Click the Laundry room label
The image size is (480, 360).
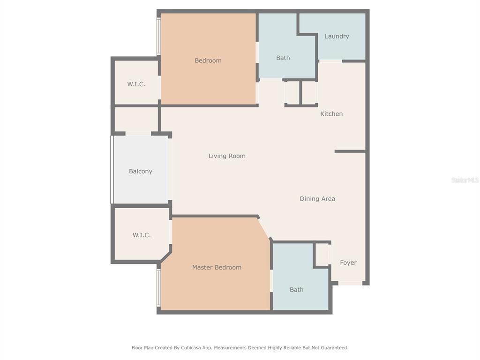(337, 36)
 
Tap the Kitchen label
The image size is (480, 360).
(331, 113)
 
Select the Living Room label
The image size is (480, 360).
(227, 156)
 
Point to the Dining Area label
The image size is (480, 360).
(317, 199)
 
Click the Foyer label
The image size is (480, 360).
(348, 262)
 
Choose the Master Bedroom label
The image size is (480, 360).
(217, 267)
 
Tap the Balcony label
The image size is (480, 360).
(141, 172)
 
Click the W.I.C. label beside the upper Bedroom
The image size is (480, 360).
(136, 84)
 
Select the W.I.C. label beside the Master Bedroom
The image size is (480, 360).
(142, 235)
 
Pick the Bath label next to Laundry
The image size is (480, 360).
(283, 58)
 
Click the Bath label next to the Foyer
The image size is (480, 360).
(296, 290)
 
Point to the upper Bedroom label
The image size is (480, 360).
(208, 60)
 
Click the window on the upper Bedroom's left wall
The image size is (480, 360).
(158, 36)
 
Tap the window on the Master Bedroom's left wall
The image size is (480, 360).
(158, 287)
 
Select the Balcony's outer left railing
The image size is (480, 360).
(112, 170)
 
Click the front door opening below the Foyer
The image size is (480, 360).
(350, 283)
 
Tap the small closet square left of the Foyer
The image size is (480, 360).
(322, 255)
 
